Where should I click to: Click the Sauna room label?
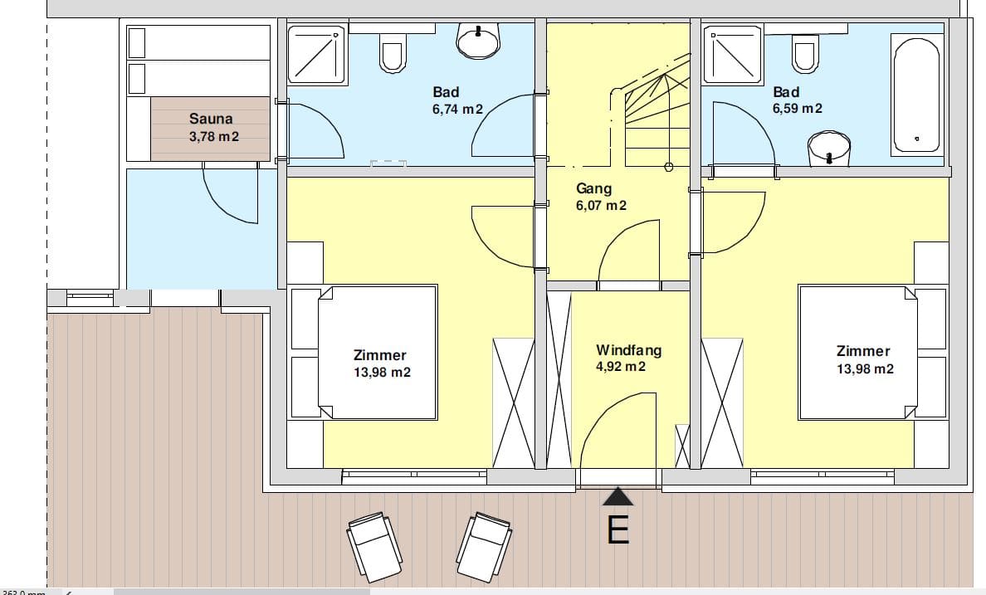coord(211,118)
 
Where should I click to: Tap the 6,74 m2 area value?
coord(457,110)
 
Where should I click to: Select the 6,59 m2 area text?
coord(797,108)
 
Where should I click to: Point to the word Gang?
coord(593,188)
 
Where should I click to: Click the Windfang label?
coord(628,349)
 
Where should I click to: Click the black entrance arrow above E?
coord(618,496)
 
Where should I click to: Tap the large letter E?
coord(617,529)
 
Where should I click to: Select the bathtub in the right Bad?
coord(917,95)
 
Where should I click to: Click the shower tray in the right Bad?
coord(733,54)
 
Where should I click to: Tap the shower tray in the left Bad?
coord(317,55)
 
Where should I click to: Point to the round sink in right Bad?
coord(829,149)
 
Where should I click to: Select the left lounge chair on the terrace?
coord(374,546)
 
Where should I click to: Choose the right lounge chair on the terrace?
coord(484,547)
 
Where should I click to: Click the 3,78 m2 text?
coord(214,136)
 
